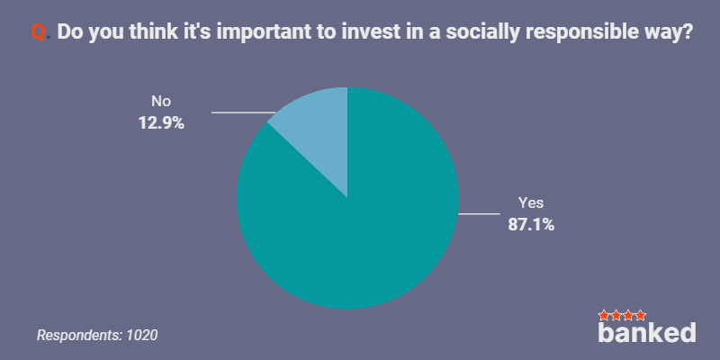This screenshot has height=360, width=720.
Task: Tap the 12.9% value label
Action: (x=161, y=123)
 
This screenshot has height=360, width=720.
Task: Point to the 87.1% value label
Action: (x=531, y=225)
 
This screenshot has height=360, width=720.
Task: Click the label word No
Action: (x=161, y=101)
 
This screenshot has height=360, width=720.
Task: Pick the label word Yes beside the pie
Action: (x=531, y=202)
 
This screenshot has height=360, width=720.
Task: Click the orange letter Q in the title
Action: (x=38, y=32)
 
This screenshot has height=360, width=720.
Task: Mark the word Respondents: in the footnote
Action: (x=79, y=336)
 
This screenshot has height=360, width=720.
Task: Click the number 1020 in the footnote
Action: (x=142, y=335)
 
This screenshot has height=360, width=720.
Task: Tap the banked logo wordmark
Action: (x=646, y=331)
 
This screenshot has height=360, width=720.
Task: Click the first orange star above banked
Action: (x=604, y=316)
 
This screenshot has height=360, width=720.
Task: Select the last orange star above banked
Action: (x=640, y=316)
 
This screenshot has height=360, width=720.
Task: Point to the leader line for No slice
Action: (x=243, y=112)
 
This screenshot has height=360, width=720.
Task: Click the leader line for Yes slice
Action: (x=479, y=213)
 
